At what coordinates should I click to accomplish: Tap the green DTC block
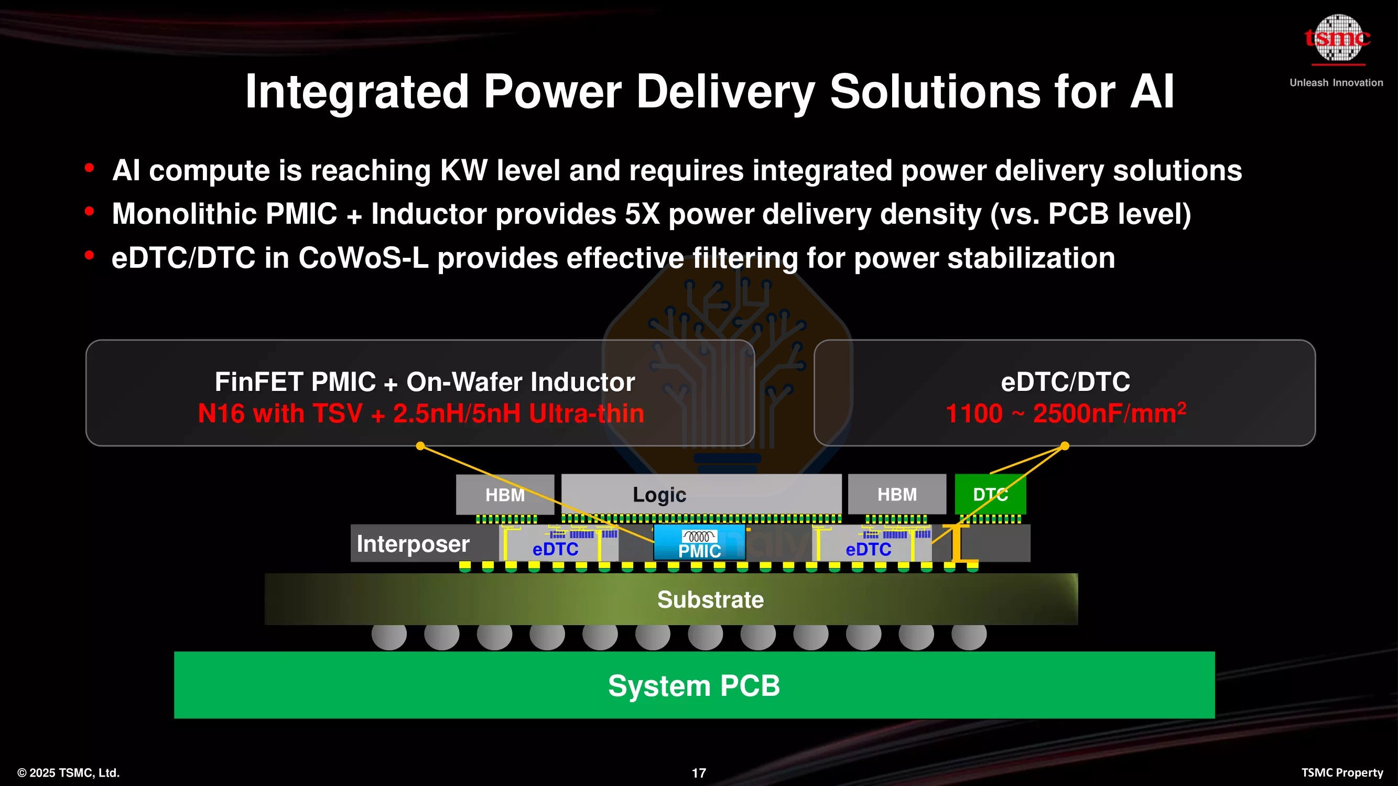pos(990,494)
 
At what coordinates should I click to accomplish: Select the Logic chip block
pos(701,494)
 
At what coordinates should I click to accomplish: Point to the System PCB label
pos(693,685)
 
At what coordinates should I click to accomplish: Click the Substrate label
pos(710,599)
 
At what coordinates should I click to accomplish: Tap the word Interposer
pos(413,543)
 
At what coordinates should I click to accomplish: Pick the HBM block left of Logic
pos(505,495)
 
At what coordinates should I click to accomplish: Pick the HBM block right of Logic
pos(896,494)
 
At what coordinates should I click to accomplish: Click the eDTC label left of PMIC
pos(555,549)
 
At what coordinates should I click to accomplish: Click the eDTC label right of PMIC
pos(869,549)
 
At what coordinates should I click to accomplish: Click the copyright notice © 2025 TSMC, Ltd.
pos(68,772)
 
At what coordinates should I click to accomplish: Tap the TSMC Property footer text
pos(1341,772)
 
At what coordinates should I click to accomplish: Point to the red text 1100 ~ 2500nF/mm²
pos(1065,413)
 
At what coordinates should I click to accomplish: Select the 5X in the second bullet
pos(642,214)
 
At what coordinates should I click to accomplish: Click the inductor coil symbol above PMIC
pos(699,536)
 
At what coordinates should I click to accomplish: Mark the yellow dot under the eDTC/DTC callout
pos(1065,446)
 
